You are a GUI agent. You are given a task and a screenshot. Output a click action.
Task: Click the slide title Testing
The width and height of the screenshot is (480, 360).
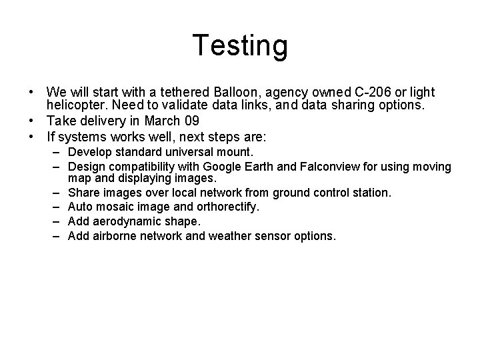240,45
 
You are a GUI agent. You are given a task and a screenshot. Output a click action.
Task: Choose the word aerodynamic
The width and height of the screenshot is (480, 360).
124,221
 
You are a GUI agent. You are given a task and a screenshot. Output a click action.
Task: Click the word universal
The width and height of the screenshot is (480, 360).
184,151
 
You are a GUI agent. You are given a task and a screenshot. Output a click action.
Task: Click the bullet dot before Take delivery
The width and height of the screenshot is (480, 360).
32,121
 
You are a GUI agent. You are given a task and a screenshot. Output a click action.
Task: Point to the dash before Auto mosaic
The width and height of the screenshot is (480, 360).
58,207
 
